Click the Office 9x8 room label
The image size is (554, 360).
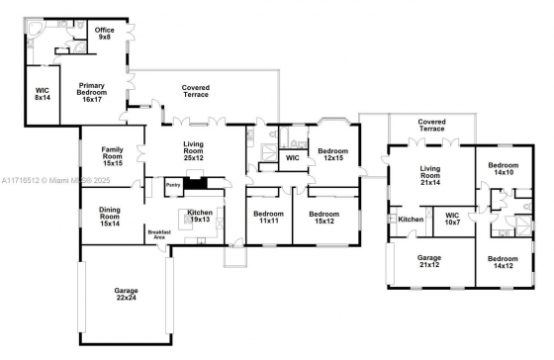click(104, 34)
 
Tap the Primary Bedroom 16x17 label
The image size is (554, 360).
click(92, 92)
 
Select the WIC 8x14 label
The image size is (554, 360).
click(42, 94)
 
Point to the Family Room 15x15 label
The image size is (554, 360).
click(113, 156)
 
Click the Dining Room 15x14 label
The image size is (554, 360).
click(110, 217)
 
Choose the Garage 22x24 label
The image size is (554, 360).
click(126, 294)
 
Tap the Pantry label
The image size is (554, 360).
click(173, 185)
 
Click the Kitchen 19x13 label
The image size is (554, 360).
click(200, 216)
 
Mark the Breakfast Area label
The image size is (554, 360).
click(159, 234)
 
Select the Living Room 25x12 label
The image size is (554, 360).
click(193, 151)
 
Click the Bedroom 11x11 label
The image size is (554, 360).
click(268, 218)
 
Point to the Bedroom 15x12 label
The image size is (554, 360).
click(324, 218)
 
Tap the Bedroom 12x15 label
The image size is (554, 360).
click(332, 154)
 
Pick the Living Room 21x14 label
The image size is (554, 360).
click(430, 175)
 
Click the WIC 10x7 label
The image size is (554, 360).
click(452, 219)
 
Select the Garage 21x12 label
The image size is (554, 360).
click(429, 261)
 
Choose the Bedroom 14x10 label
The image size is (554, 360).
click(504, 168)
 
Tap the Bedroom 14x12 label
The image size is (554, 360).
click(503, 262)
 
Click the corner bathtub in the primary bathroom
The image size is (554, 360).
click(35, 29)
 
